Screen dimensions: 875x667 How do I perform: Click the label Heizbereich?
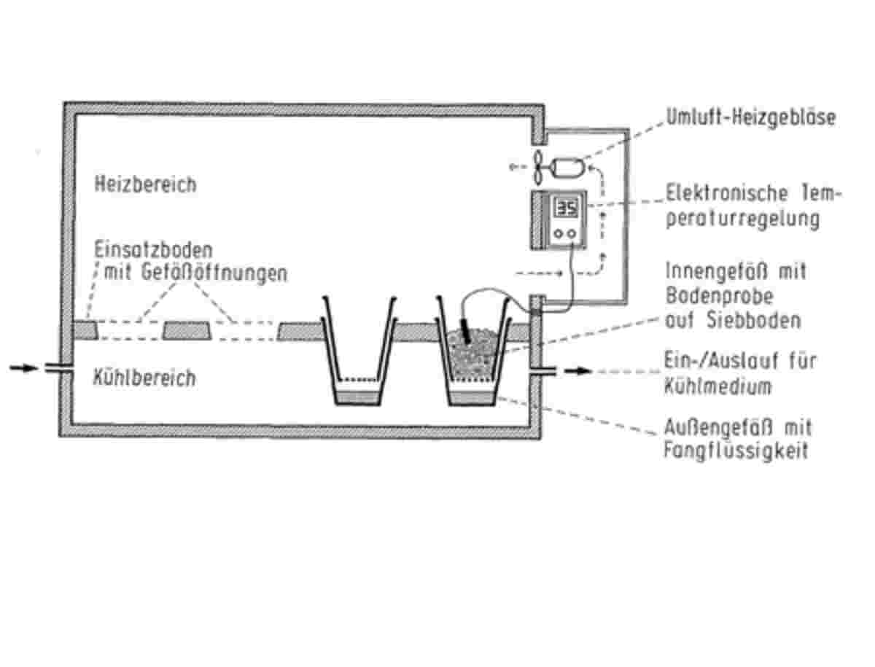pos(145,184)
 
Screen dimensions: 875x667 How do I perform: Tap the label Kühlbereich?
pos(144,378)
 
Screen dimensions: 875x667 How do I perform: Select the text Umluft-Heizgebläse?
pos(750,117)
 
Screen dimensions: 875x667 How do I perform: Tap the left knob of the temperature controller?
pos(559,234)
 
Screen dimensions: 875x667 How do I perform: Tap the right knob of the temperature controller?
pos(572,234)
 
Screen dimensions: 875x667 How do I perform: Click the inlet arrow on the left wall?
pos(23,367)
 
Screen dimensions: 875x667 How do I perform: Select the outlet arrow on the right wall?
pos(577,371)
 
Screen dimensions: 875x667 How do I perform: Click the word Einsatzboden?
pos(153,250)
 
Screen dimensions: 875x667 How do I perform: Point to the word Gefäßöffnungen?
pos(214,273)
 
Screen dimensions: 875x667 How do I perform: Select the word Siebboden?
pos(753,321)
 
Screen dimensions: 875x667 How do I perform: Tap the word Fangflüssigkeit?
pos(736,451)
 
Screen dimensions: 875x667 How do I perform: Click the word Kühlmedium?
pos(717,386)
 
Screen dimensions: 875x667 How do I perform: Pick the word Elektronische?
pos(727,194)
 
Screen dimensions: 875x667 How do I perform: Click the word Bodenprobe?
pos(720,297)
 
